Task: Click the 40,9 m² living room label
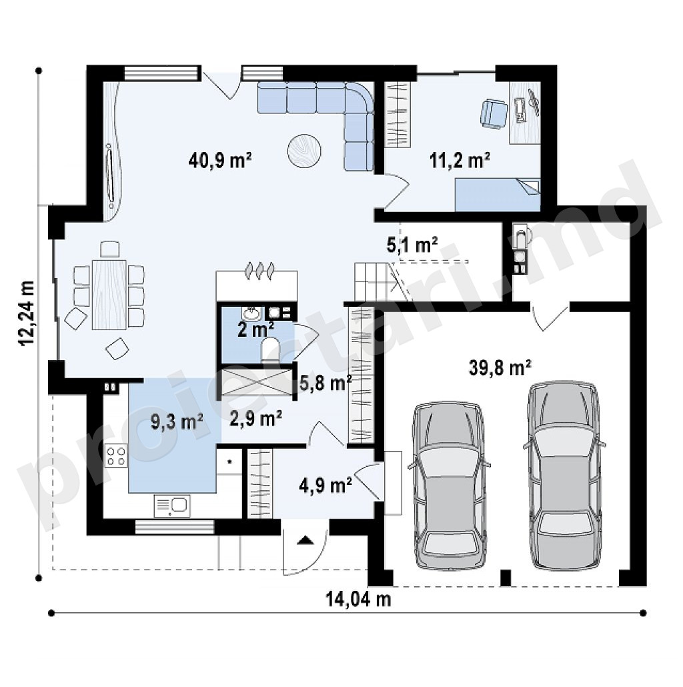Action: tap(220, 160)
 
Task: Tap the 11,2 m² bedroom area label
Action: tap(459, 160)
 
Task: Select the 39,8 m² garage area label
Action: tap(500, 368)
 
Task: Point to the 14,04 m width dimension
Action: tap(358, 598)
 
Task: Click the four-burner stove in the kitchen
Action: tap(116, 456)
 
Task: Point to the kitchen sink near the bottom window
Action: tap(172, 506)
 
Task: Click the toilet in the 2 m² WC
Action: tap(269, 349)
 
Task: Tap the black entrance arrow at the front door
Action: tap(305, 540)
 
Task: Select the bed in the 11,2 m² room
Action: tap(498, 195)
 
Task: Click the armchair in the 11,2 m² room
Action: tap(494, 114)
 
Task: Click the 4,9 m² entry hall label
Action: tap(325, 485)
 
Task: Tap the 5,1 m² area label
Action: tap(412, 245)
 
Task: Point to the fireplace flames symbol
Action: tap(260, 270)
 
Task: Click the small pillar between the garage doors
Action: tap(506, 578)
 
